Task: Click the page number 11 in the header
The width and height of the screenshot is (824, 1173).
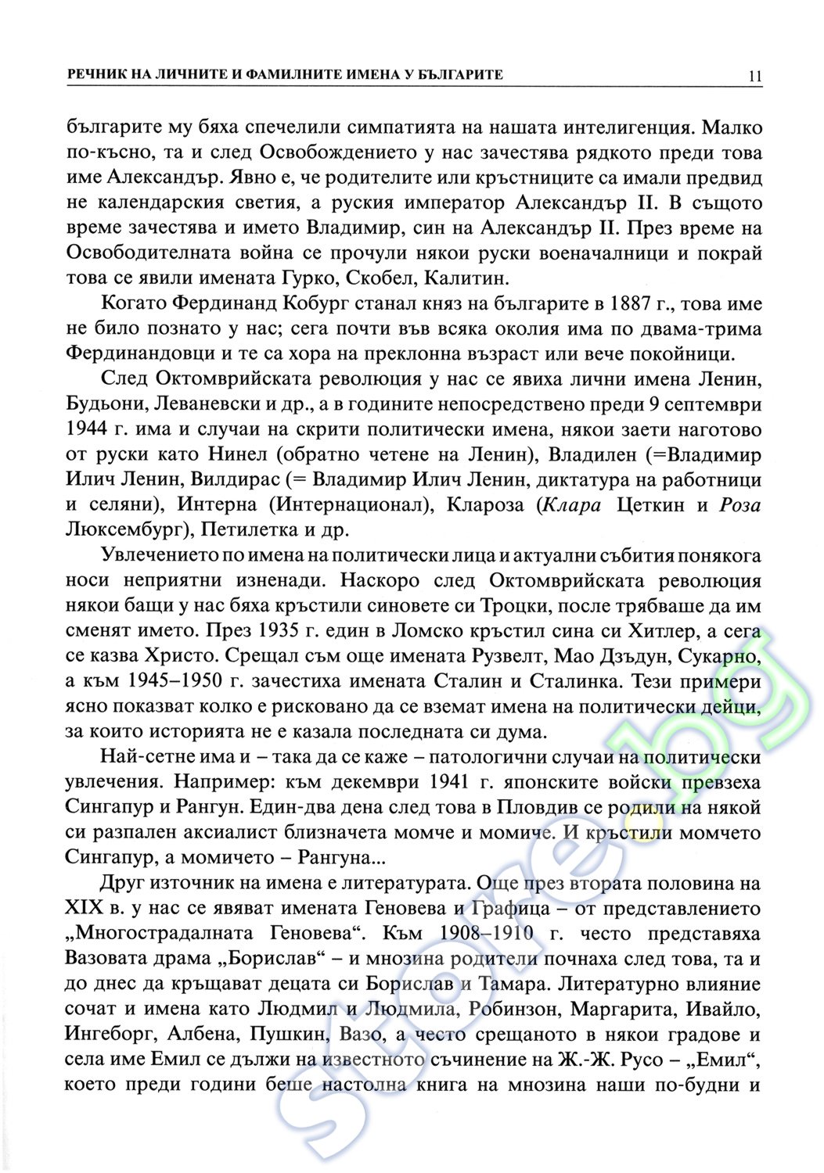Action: (754, 75)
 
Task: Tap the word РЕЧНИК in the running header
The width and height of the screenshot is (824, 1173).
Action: (98, 75)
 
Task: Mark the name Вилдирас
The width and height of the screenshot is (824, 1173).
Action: (243, 479)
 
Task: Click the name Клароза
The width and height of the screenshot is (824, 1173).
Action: (484, 504)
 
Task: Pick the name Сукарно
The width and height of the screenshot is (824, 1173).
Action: (720, 655)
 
